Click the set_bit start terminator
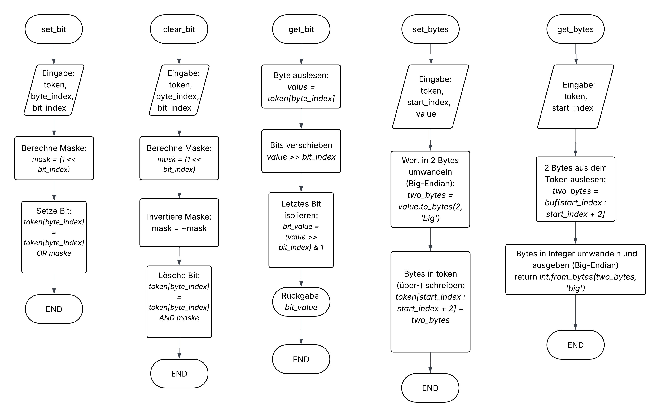click(54, 29)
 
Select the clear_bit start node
click(179, 29)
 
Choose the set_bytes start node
click(430, 29)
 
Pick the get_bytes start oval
click(575, 29)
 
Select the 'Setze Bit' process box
click(54, 237)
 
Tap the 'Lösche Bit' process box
click(179, 302)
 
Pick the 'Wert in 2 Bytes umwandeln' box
click(430, 189)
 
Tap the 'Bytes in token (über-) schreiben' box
click(430, 302)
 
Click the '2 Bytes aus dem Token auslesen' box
click(575, 189)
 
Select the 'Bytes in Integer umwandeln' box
click(575, 269)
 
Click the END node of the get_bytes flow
click(575, 345)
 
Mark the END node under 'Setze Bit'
click(54, 309)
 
